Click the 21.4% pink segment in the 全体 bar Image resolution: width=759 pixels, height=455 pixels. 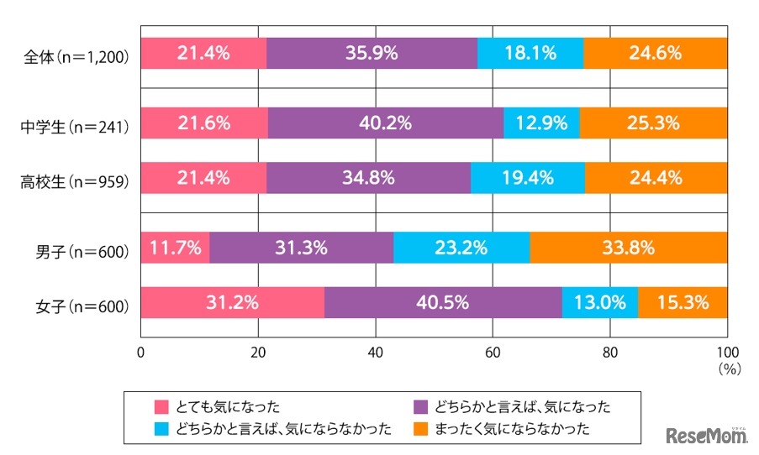[x=203, y=54]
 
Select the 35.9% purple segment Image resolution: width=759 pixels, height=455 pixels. [x=372, y=54]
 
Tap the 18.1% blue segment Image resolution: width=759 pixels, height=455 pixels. [x=530, y=54]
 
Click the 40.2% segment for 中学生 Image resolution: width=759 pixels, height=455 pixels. [x=386, y=124]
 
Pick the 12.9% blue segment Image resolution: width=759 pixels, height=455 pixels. [x=541, y=124]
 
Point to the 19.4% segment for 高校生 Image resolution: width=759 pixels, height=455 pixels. [x=528, y=178]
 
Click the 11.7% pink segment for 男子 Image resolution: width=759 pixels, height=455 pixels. [x=175, y=248]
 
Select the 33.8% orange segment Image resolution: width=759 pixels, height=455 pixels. [x=629, y=248]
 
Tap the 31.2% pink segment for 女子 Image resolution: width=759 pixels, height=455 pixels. [x=232, y=302]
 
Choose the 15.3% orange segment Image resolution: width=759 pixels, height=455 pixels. [x=683, y=302]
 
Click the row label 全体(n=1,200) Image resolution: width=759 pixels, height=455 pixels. [x=76, y=59]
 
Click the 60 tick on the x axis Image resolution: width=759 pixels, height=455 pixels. [x=493, y=353]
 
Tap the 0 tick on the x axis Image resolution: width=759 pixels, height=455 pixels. [x=141, y=353]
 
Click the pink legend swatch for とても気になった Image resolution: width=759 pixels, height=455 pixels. [x=162, y=407]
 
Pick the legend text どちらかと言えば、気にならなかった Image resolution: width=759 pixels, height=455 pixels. [x=284, y=429]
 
